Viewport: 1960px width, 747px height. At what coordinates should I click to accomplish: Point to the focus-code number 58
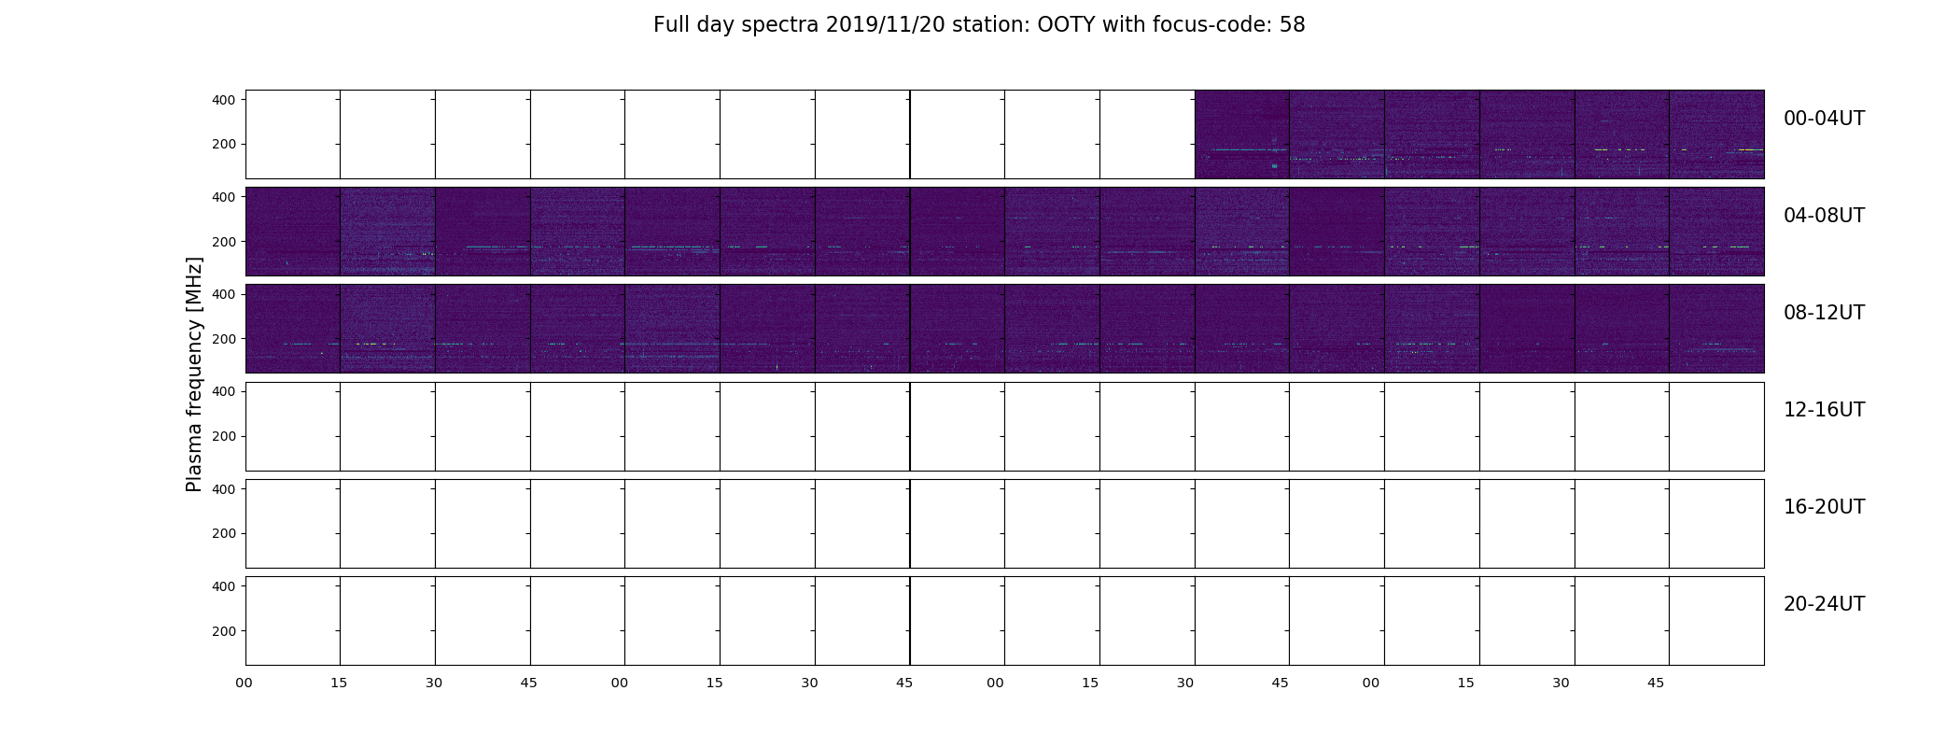[x=1292, y=25]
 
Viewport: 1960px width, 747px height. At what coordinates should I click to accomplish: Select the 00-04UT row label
[x=1824, y=119]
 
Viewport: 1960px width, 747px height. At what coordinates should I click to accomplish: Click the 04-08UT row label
[x=1824, y=216]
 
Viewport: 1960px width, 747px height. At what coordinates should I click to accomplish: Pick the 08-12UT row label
[x=1824, y=313]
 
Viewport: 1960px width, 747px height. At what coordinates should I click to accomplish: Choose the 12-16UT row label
[x=1824, y=410]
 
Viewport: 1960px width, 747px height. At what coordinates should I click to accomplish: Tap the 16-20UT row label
[x=1824, y=507]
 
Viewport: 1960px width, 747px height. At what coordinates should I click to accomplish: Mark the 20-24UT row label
[x=1824, y=604]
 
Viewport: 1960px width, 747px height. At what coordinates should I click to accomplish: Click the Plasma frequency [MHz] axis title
[x=194, y=374]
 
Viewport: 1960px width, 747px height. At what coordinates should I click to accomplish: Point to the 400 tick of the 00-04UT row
[x=225, y=99]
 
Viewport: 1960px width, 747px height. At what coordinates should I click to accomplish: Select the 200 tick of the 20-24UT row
[x=225, y=631]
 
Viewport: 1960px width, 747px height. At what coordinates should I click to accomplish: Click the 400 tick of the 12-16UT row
[x=225, y=391]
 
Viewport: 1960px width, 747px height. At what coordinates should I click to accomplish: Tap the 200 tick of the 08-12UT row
[x=225, y=339]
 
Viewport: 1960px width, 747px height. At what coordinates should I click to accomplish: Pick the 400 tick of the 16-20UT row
[x=225, y=488]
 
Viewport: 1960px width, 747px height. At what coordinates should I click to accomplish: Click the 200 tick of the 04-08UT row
[x=225, y=242]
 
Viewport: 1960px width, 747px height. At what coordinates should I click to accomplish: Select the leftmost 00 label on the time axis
[x=244, y=683]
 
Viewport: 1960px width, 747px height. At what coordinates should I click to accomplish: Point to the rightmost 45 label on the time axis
[x=1655, y=683]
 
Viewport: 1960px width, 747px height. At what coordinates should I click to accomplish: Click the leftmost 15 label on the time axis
[x=339, y=683]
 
